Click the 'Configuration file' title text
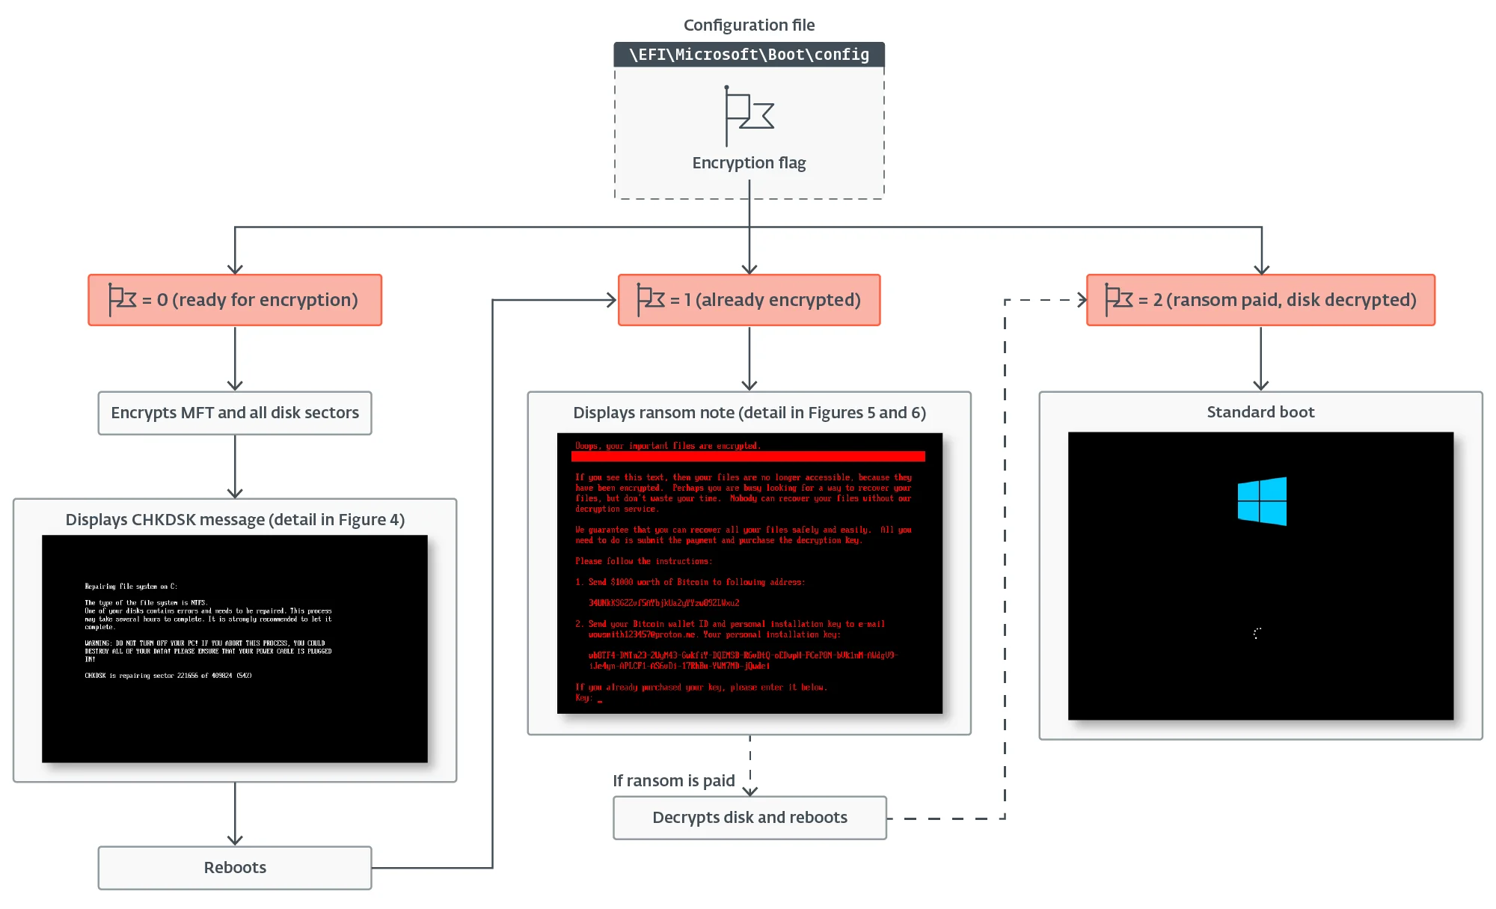pyautogui.click(x=749, y=25)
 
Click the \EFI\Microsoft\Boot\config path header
pyautogui.click(x=749, y=55)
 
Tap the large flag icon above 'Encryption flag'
pyautogui.click(x=748, y=115)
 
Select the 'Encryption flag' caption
pyautogui.click(x=749, y=163)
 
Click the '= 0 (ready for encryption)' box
pyautogui.click(x=235, y=300)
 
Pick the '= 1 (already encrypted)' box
pyautogui.click(x=749, y=300)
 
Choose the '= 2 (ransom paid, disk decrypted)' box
pyautogui.click(x=1260, y=300)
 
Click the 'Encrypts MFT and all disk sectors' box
pyautogui.click(x=235, y=413)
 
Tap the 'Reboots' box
pyautogui.click(x=235, y=868)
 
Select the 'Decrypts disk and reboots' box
pyautogui.click(x=749, y=818)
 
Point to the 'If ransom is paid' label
pyautogui.click(x=673, y=781)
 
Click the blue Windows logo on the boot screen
pyautogui.click(x=1262, y=501)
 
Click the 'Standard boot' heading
pyautogui.click(x=1260, y=412)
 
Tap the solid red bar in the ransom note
pyautogui.click(x=748, y=456)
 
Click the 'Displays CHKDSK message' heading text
pyautogui.click(x=235, y=520)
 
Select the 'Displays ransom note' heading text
pyautogui.click(x=749, y=413)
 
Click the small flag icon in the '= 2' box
pyautogui.click(x=1118, y=299)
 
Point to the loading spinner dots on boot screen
pyautogui.click(x=1257, y=633)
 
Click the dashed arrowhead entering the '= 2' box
pyautogui.click(x=1082, y=300)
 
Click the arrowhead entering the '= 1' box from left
pyautogui.click(x=612, y=300)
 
